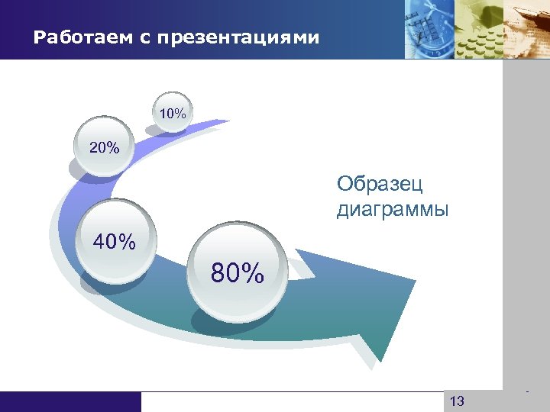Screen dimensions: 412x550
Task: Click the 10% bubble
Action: (x=173, y=114)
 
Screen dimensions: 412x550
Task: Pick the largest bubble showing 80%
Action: (x=238, y=272)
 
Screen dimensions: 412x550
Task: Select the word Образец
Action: (x=380, y=184)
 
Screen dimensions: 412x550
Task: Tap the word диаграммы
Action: (x=393, y=208)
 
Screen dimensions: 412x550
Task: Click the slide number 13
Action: (x=458, y=401)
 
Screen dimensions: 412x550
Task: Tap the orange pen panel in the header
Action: (x=527, y=29)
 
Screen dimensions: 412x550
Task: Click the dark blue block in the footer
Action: (x=70, y=401)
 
